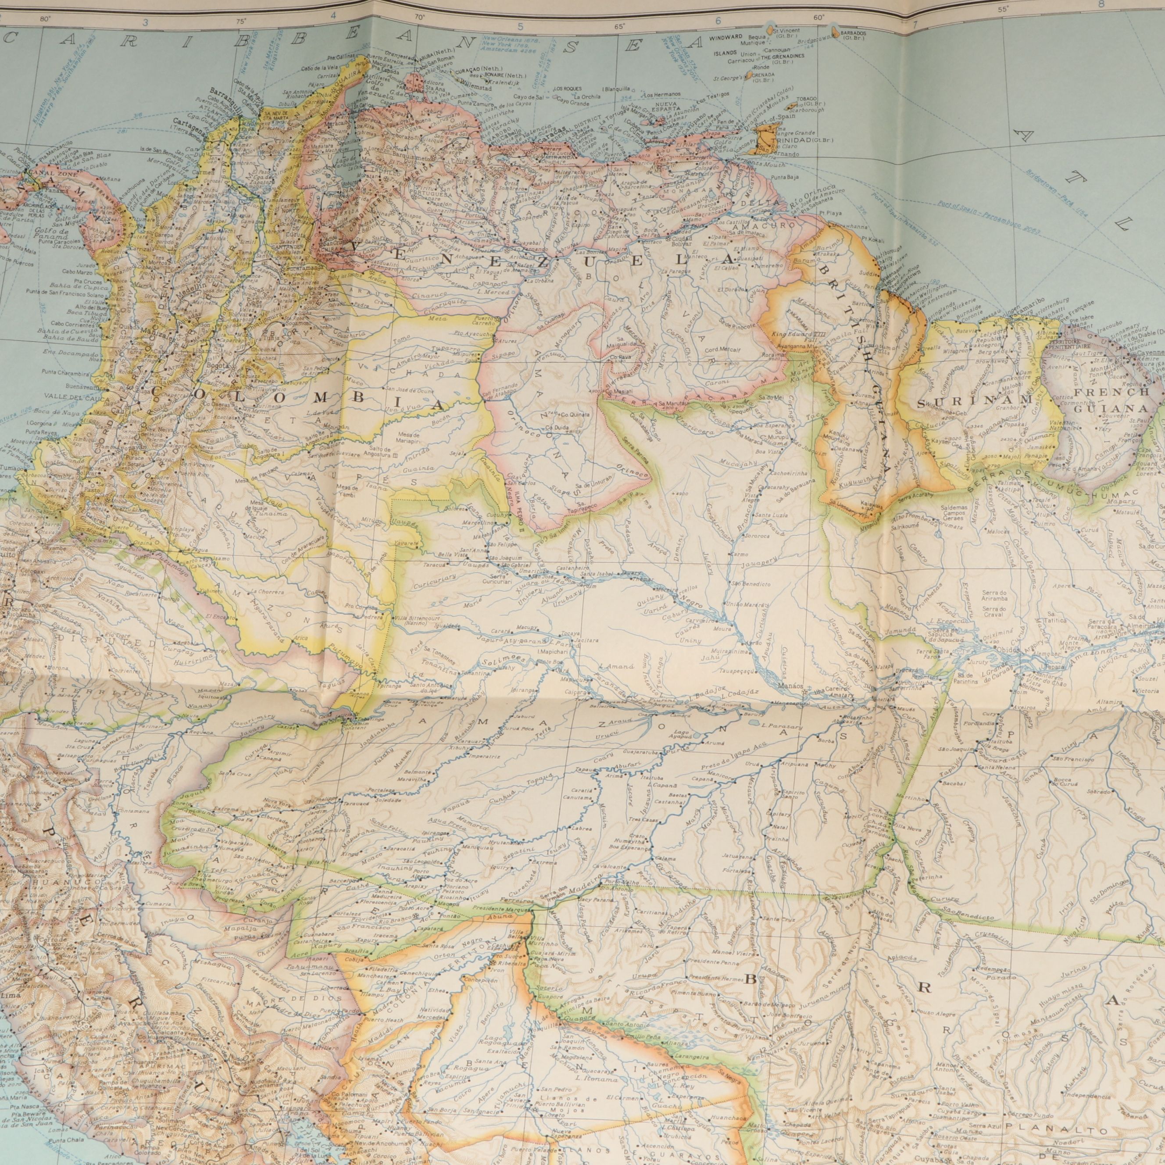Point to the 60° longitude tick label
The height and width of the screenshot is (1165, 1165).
coord(819,18)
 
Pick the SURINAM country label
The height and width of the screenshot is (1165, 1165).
coord(971,400)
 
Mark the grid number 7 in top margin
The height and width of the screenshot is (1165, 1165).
coord(915,25)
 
